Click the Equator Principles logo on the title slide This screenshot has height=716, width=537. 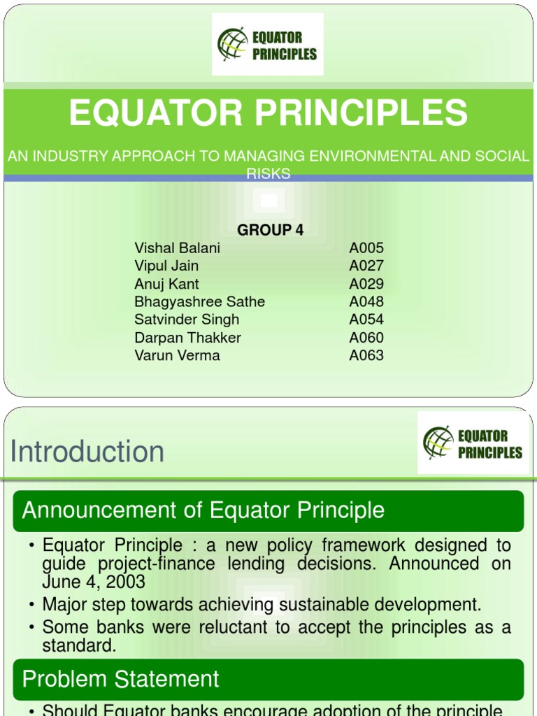coord(267,43)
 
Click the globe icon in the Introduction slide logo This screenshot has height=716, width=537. coord(438,443)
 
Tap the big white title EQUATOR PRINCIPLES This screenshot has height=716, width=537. coord(268,113)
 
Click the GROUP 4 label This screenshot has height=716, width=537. coord(271,230)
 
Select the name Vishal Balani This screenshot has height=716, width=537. coord(177,248)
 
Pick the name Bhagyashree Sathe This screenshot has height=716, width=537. coord(199,302)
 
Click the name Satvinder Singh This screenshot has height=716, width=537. coord(187,320)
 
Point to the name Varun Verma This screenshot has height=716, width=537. coord(177,355)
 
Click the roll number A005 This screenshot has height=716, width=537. coord(366,248)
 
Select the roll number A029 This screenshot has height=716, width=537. coord(366,284)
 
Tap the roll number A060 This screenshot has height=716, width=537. coord(366,338)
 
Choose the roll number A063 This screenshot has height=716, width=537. coord(366,355)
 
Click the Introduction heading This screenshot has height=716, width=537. coord(87,452)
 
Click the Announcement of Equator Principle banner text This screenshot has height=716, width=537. coord(203,510)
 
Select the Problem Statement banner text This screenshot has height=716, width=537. coord(120,679)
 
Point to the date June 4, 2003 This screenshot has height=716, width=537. coord(94,582)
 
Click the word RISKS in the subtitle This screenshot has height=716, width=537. coord(268,173)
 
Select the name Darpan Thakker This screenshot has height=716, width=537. coord(187,338)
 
